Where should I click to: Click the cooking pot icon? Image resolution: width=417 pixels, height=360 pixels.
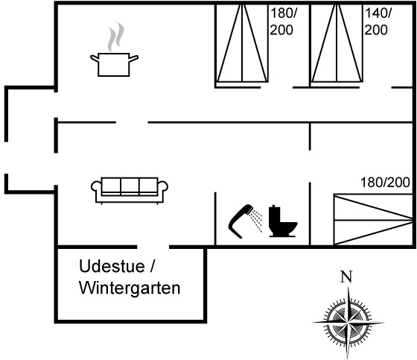click(114, 65)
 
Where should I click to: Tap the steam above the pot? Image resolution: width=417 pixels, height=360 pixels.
click(116, 37)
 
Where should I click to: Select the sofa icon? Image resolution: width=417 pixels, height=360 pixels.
click(130, 190)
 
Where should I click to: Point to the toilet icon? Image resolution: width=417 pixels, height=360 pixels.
click(283, 221)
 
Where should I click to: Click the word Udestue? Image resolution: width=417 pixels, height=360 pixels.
click(112, 266)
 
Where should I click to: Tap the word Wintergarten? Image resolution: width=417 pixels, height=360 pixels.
click(130, 288)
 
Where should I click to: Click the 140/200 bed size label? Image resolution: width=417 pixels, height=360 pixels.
click(378, 22)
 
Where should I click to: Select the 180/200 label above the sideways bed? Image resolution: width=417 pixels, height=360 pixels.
click(385, 183)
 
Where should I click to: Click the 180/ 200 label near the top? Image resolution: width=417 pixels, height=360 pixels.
click(283, 22)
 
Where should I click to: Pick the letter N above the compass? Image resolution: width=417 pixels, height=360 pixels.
click(346, 277)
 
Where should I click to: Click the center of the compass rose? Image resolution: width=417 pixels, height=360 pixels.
click(348, 323)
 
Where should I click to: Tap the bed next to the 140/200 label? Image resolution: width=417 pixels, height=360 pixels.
click(337, 42)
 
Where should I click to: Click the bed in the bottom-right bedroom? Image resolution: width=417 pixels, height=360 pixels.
click(373, 219)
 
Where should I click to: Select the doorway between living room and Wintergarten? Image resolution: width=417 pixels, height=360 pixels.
click(153, 247)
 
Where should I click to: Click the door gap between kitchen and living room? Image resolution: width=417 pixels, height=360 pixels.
click(132, 122)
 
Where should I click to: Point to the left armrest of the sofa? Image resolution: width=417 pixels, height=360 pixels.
click(96, 186)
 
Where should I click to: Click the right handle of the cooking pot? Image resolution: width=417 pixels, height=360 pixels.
click(133, 58)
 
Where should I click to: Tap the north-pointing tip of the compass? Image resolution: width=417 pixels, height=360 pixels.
click(348, 287)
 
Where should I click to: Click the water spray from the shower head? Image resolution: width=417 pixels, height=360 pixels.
click(257, 221)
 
